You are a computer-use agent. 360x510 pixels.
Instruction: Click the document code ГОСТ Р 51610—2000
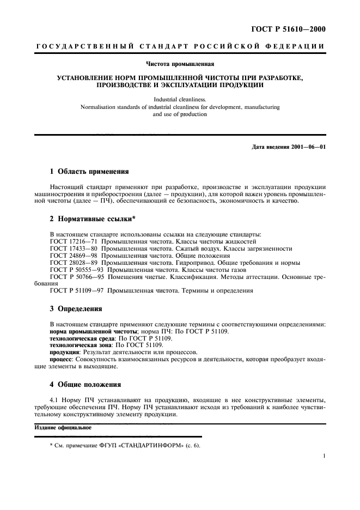coord(291,29)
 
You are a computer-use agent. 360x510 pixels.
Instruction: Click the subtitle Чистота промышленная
coord(180,64)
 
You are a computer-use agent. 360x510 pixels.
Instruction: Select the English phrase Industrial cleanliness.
coord(180,100)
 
